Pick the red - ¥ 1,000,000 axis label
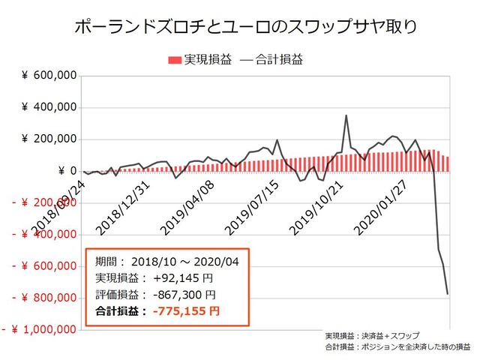coord(38,329)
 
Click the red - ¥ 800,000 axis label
coord(43,298)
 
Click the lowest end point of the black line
coord(448,293)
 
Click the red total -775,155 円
coord(184,310)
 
